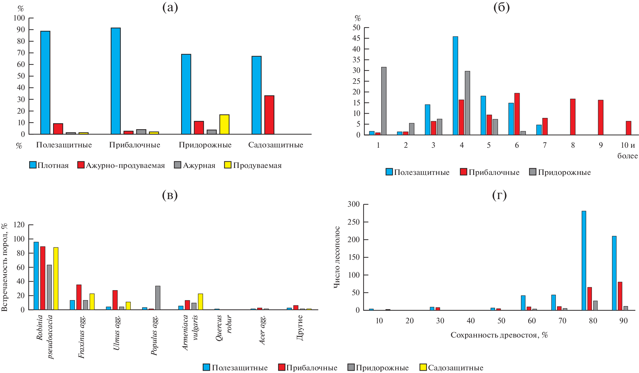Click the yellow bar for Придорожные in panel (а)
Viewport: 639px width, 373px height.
click(x=224, y=124)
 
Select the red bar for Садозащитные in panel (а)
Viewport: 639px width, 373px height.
click(x=269, y=115)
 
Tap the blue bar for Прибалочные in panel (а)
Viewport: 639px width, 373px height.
click(x=116, y=81)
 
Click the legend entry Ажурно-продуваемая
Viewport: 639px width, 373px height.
click(x=121, y=165)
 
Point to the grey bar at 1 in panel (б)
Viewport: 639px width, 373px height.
click(x=384, y=101)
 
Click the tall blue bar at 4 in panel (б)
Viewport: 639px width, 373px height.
click(x=455, y=85)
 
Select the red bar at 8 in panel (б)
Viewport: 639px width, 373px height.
click(x=573, y=117)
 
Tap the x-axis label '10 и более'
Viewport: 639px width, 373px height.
click(x=628, y=150)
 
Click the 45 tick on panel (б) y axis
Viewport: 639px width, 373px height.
click(x=356, y=38)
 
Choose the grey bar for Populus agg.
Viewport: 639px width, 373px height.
click(x=158, y=297)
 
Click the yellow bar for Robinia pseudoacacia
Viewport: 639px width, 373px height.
click(x=56, y=278)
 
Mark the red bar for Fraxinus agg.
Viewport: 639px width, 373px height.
click(x=79, y=297)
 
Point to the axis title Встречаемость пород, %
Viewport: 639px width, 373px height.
click(x=5, y=267)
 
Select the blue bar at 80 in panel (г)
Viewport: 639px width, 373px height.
click(x=584, y=260)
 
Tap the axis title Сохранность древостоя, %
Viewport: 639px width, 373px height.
click(x=499, y=335)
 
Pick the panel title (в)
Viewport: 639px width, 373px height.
click(x=170, y=195)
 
